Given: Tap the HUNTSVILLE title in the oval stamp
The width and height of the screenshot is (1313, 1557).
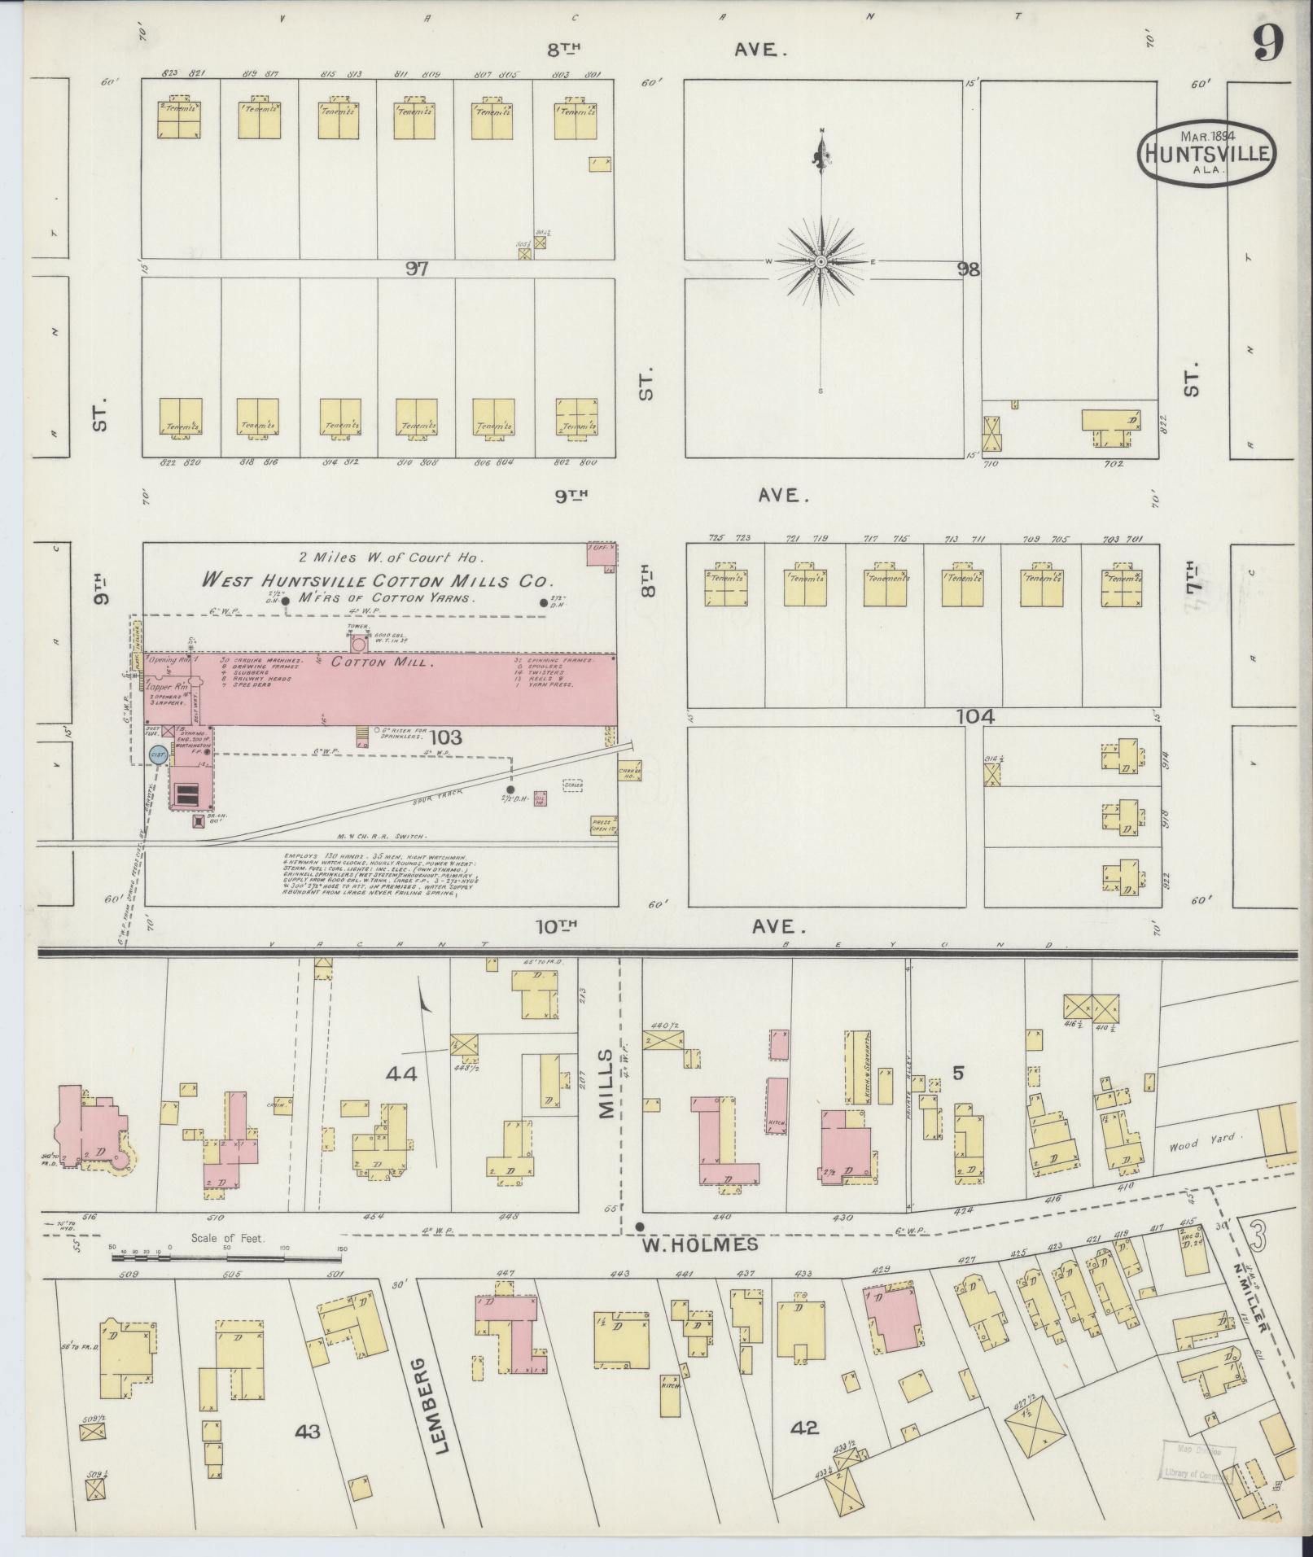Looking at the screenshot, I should coord(1206,152).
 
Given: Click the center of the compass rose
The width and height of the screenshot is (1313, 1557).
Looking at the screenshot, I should coord(821,261).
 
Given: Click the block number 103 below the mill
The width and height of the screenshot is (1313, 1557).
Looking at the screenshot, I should coord(446,737).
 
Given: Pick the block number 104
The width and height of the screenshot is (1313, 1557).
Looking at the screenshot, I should coord(976,717).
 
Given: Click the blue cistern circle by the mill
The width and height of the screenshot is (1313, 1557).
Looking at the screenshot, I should coord(158,755).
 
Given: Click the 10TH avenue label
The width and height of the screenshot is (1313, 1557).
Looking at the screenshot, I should coord(557,925).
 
